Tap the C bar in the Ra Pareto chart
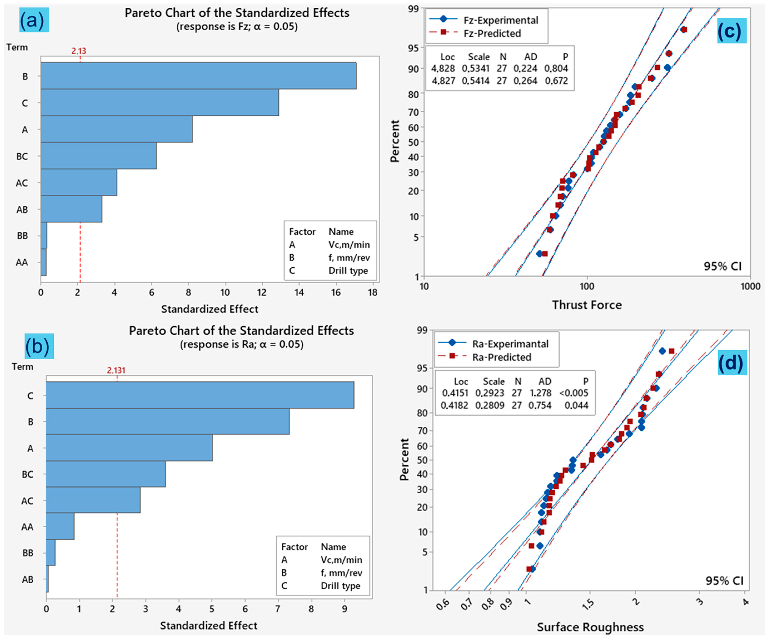tap(200, 395)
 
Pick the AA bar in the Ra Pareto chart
tap(60, 526)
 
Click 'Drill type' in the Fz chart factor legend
tap(348, 271)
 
